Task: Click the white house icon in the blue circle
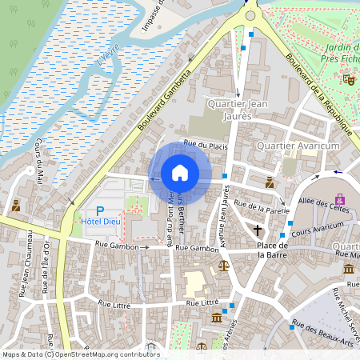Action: pos(180,172)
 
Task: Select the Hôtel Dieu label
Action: pos(100,220)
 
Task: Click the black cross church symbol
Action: pos(258,230)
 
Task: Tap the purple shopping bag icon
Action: pos(340,198)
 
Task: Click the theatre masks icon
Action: pos(348,78)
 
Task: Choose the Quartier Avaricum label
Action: pos(298,146)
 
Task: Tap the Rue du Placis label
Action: pos(206,146)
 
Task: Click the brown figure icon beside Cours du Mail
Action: pos(15,206)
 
